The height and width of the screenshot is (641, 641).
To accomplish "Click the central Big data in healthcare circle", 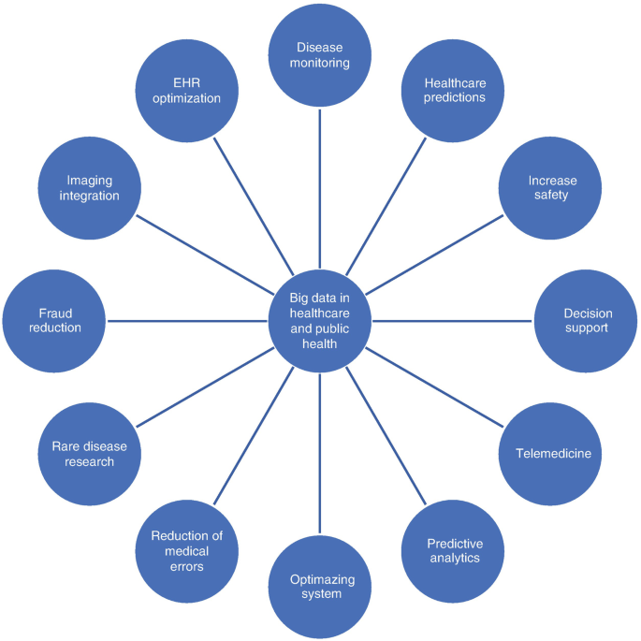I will coord(320,321).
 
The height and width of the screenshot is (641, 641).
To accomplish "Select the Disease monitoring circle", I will coord(320,56).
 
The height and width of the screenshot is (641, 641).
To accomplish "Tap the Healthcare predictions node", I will coord(455,91).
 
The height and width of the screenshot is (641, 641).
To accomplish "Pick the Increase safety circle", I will coord(552,188).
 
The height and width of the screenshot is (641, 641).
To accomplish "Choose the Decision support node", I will coord(586,321).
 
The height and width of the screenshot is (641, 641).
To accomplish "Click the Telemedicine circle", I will coord(552,454).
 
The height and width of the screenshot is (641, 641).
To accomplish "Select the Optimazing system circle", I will coord(321,587).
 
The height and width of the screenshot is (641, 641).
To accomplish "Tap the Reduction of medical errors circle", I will coord(187,551).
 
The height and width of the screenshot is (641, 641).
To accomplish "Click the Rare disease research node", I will coord(90,454).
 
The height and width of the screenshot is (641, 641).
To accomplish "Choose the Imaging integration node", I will coord(92,188).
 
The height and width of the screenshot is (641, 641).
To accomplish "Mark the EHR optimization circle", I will coord(187,91).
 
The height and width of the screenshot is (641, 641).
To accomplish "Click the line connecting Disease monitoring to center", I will coord(320,187).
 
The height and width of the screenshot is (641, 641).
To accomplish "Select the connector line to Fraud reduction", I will coord(187,321).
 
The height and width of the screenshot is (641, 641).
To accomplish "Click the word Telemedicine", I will coord(552,454).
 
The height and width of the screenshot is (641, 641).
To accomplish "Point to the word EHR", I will coord(187,82).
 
